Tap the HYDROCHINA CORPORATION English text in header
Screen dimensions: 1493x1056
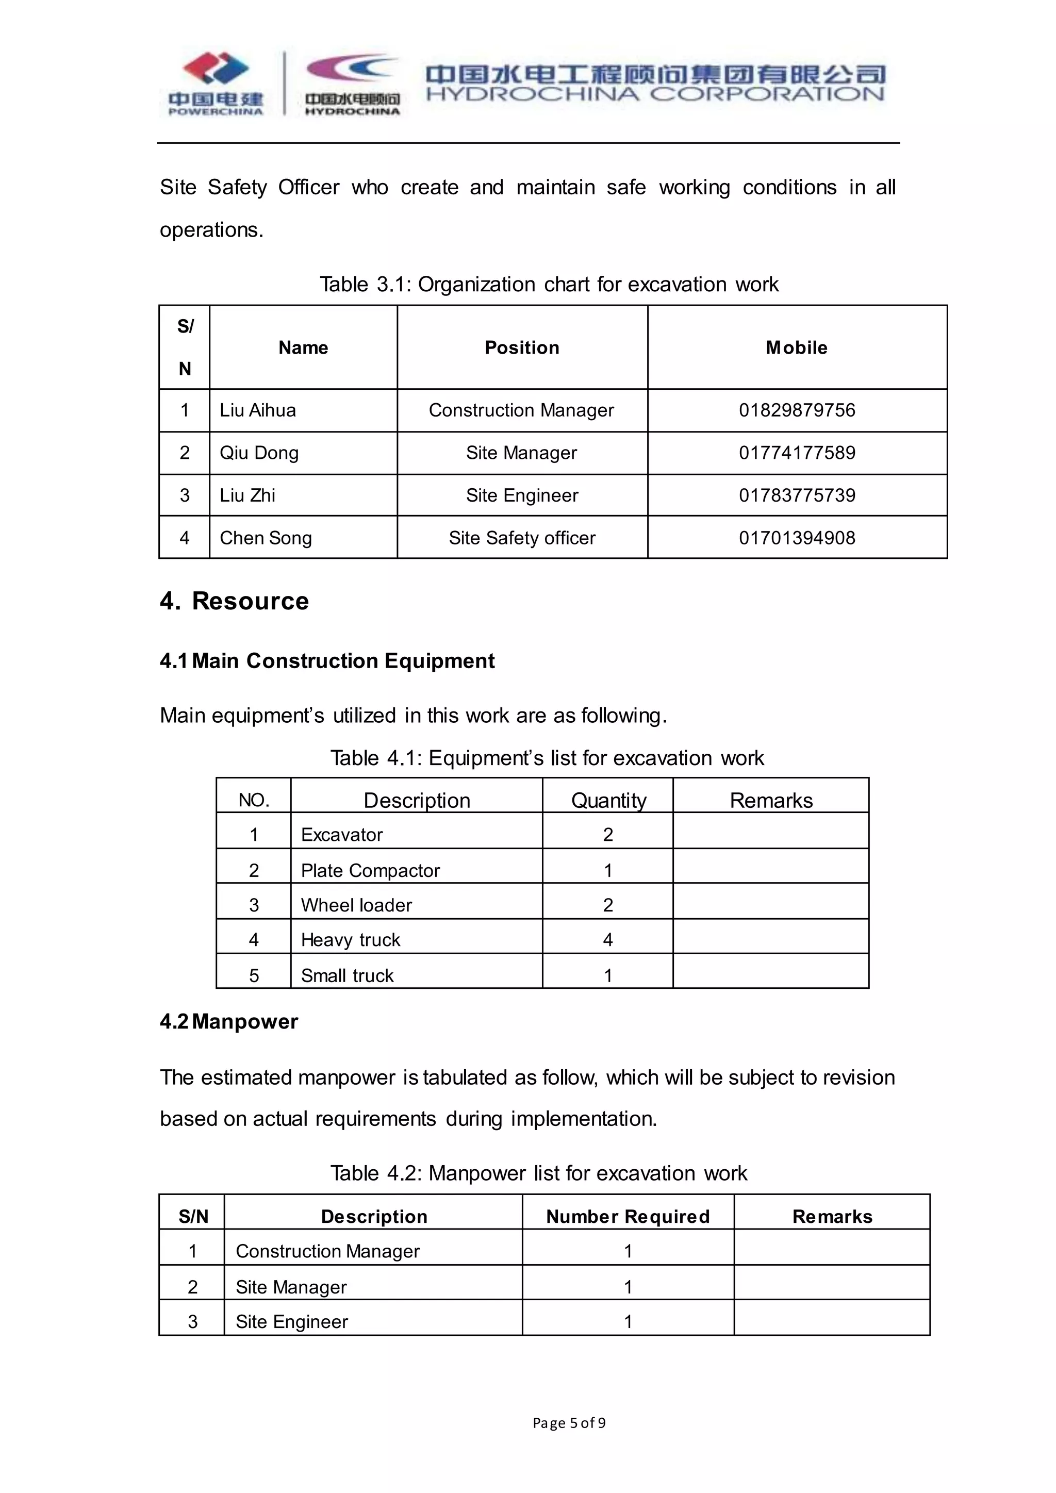(x=655, y=95)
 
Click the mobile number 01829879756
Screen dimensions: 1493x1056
(x=797, y=410)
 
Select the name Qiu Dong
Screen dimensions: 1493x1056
(x=259, y=453)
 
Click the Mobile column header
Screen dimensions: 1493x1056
(x=797, y=347)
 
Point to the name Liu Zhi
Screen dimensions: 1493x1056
(x=247, y=495)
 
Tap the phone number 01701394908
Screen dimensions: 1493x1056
(x=797, y=538)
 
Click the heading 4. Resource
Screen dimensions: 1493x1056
(x=234, y=601)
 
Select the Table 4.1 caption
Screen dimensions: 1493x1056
(x=547, y=758)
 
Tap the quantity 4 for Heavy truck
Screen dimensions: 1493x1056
(x=607, y=940)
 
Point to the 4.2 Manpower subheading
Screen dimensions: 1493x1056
(x=229, y=1022)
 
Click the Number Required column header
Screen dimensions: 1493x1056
(x=628, y=1217)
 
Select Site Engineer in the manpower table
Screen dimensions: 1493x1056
(x=292, y=1321)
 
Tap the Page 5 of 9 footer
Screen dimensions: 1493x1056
(x=569, y=1423)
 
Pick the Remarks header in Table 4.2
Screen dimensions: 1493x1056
(x=832, y=1217)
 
